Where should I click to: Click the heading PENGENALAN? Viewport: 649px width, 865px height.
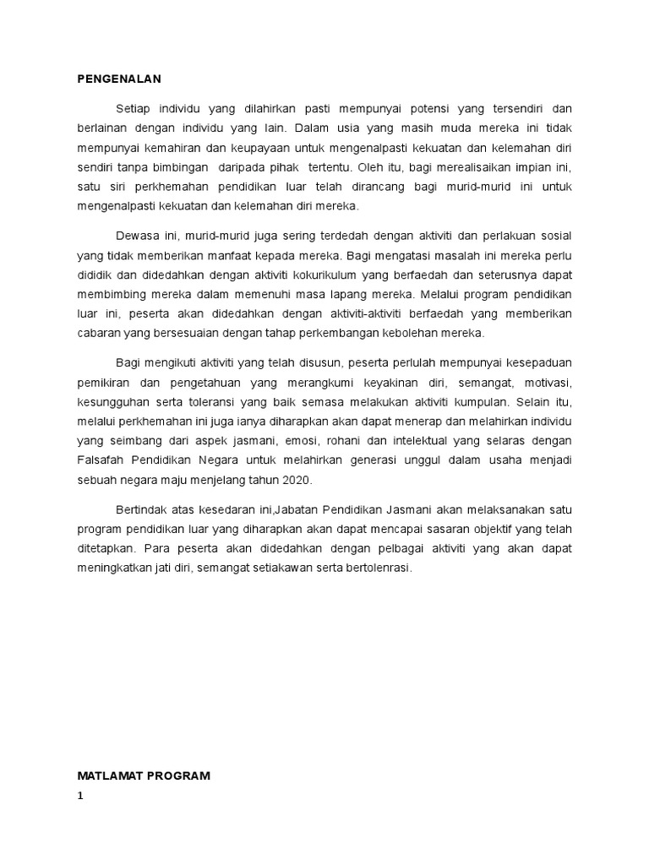118,79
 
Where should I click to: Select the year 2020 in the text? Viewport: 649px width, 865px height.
296,479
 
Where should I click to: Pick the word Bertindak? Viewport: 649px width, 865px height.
142,509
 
